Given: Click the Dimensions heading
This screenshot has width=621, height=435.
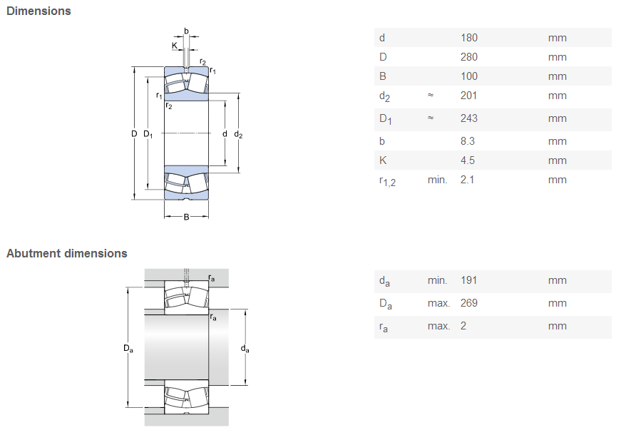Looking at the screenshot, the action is pos(39,11).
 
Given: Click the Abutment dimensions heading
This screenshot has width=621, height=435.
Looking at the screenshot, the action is pos(67,254).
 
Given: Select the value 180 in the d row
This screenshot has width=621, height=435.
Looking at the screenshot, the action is pos(469,38).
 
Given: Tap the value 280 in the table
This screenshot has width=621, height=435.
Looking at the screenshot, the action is pos(469,57).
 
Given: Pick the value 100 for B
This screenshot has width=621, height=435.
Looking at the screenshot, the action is pos(469,76).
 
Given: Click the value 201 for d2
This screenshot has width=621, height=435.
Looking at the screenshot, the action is pos(468,96).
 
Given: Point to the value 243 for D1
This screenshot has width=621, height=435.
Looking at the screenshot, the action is pos(469,118).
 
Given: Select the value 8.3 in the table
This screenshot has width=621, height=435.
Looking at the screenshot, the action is pos(467,141).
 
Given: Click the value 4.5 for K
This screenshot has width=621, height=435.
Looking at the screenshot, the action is pos(467,160).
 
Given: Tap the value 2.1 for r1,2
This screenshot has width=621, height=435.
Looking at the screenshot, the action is pos(467,180).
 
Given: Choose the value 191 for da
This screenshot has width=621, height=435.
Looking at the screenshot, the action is pos(468,280).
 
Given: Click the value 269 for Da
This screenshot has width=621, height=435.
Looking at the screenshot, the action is pos(469,303).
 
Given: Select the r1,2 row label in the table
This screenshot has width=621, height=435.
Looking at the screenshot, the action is pos(387,181).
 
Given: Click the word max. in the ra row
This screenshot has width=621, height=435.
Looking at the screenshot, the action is pos(438,326).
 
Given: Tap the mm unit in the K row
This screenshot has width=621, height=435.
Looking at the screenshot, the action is pos(558,161).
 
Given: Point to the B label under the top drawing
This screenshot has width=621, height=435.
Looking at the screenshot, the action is pos(186,217).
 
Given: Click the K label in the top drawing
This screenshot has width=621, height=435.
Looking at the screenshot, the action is pos(175,46).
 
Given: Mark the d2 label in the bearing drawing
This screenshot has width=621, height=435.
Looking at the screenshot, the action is pos(238,135).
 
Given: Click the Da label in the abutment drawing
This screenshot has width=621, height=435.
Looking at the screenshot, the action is pos(128,348).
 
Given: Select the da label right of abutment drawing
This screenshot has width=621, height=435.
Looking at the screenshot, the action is pos(245,349).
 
